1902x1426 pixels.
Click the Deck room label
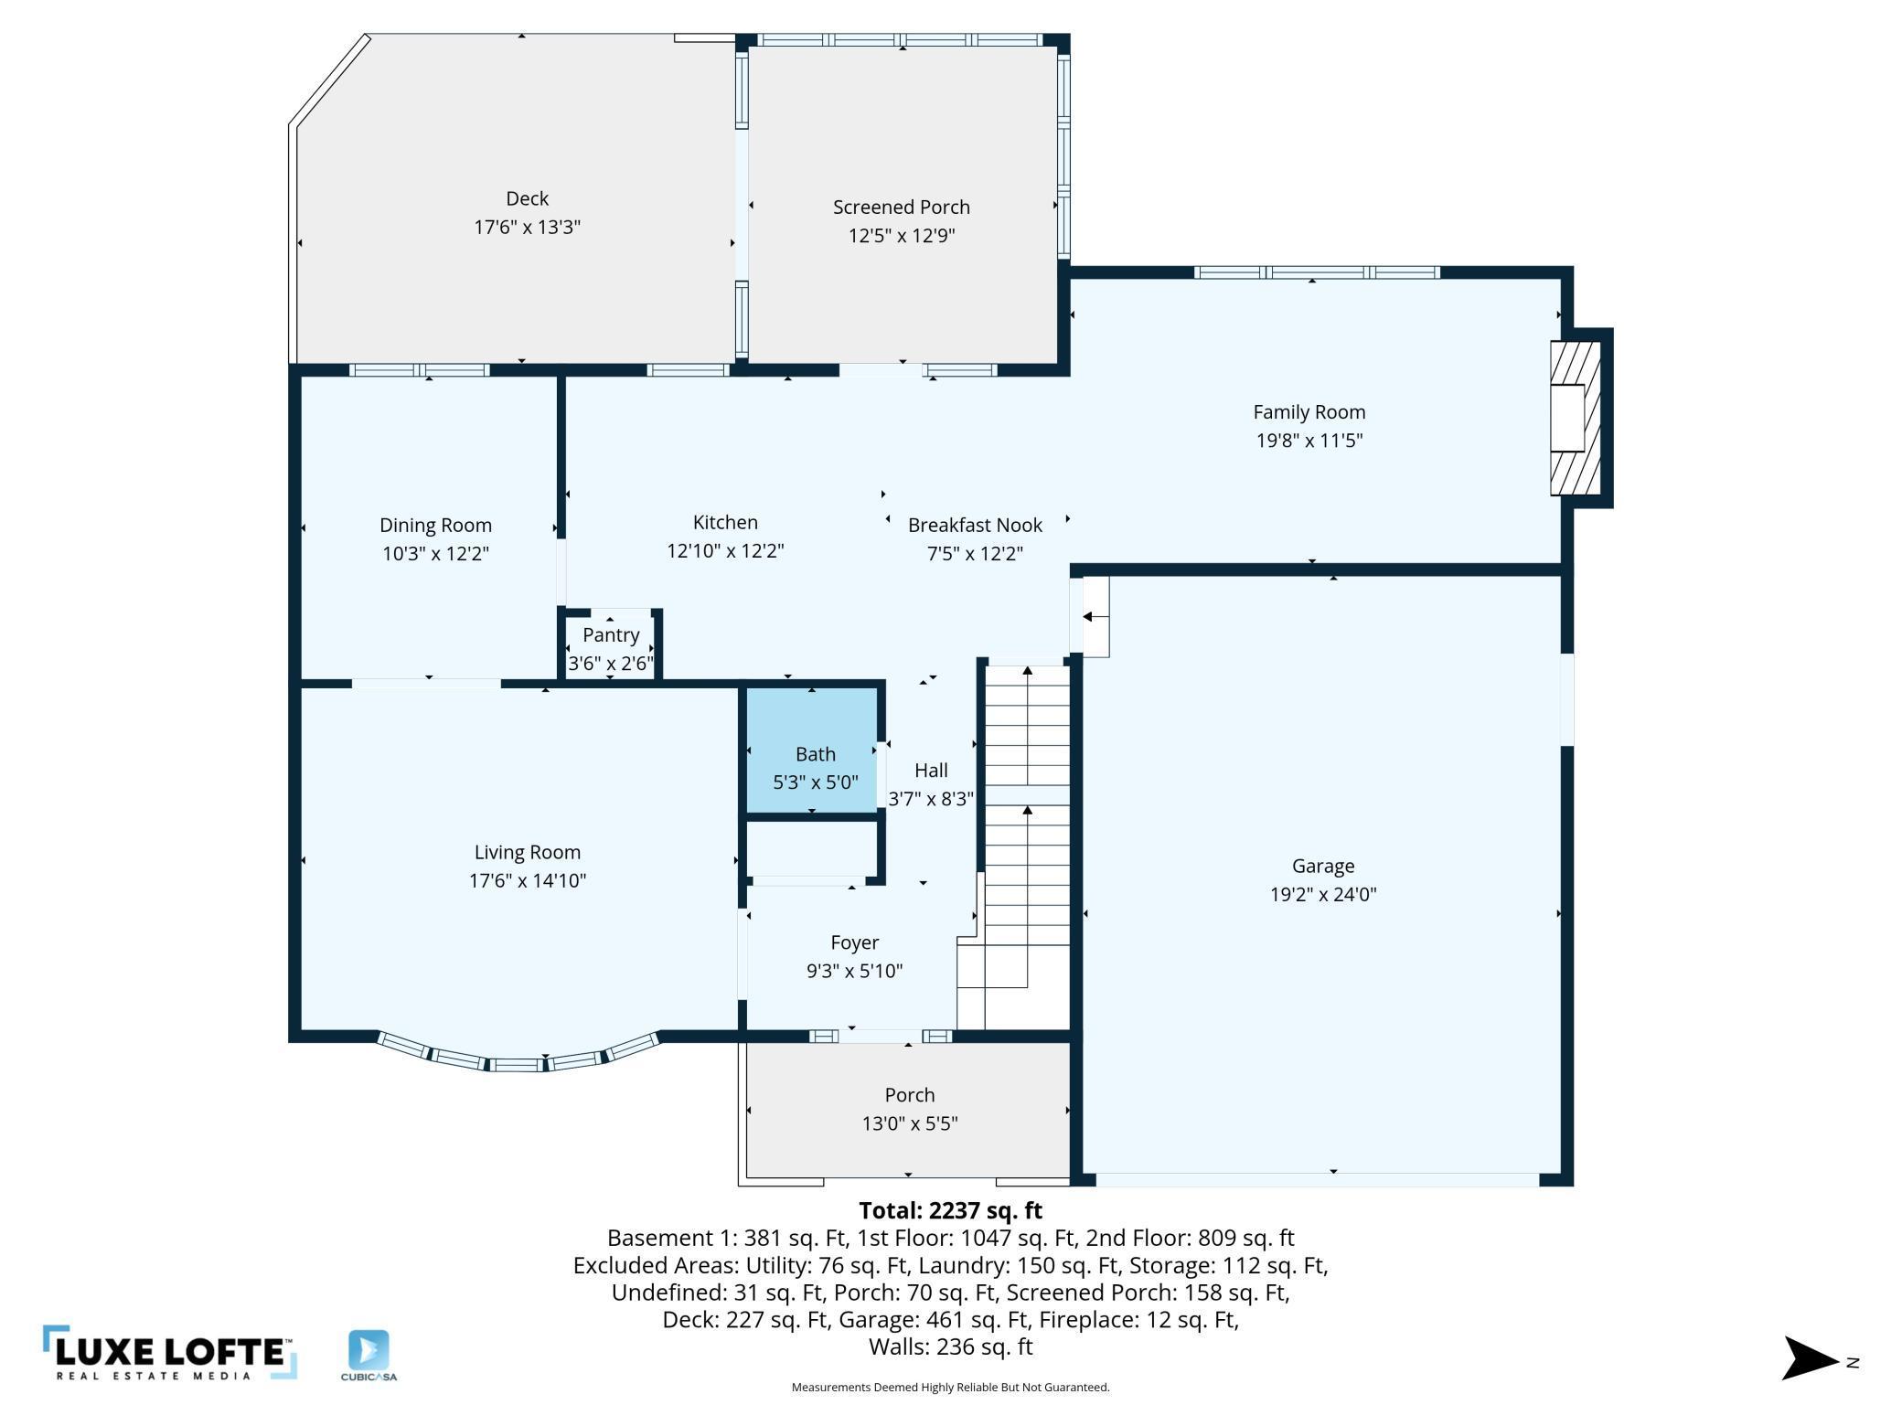coord(528,198)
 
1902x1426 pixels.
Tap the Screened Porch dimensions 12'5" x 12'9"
coord(902,236)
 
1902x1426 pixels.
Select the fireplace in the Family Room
coord(1576,418)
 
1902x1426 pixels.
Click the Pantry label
coord(611,635)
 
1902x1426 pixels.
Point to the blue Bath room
coord(813,750)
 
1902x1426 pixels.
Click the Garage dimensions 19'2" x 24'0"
coord(1322,894)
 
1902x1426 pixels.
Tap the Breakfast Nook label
coord(975,526)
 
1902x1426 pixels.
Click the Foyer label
coord(854,942)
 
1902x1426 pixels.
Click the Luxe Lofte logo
coord(169,1353)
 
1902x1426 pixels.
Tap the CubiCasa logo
coord(369,1356)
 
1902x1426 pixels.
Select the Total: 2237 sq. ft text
coord(950,1210)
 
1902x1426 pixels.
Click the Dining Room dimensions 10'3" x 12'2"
coord(435,554)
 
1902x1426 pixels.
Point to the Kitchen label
coord(725,523)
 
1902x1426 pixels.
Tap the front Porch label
coord(909,1095)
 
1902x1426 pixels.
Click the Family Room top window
coord(1317,272)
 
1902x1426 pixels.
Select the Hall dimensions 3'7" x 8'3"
coord(930,799)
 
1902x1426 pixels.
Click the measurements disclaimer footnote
coord(950,1388)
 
